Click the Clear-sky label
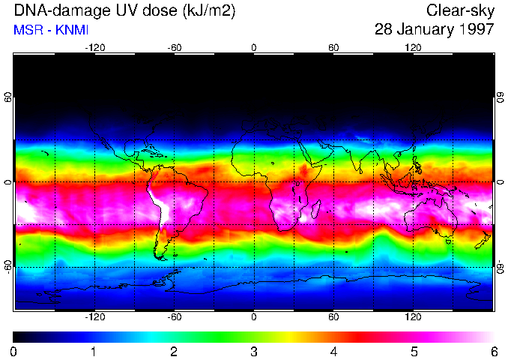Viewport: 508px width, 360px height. tap(460, 10)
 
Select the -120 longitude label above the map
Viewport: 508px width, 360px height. tap(94, 47)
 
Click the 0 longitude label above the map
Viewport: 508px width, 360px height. tap(254, 47)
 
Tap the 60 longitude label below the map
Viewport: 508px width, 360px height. tap(333, 316)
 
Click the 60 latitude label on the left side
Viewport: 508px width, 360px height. tap(8, 97)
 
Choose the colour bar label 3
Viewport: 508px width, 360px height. tap(254, 351)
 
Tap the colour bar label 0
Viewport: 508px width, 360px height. tap(14, 351)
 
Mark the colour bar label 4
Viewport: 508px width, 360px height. tap(334, 351)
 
